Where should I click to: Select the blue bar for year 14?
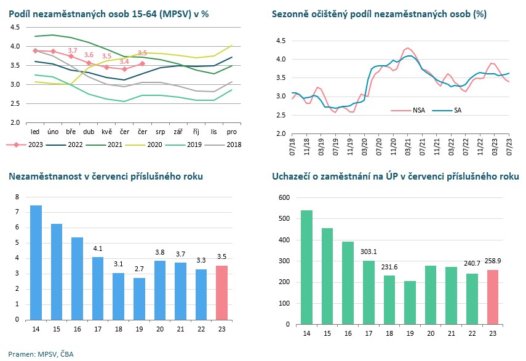click(36, 262)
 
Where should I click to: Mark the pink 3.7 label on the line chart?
click(73, 50)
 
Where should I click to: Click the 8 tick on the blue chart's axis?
click(17, 197)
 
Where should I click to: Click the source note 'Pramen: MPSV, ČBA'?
click(36, 354)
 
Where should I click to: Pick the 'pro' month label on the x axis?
click(232, 132)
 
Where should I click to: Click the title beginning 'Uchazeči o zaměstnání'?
click(395, 177)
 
